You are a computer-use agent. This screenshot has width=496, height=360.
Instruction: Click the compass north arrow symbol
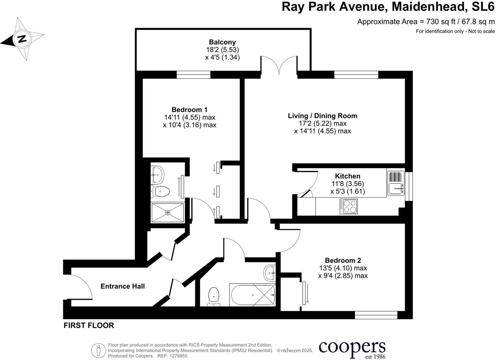(22, 38)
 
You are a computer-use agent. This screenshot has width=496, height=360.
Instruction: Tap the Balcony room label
(222, 42)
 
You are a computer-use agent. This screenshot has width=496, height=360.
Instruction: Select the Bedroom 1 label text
(189, 109)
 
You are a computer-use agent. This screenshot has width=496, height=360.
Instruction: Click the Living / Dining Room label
(322, 116)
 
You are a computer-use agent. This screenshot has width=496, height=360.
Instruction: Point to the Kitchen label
(347, 176)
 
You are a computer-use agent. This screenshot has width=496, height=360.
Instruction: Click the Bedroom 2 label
(343, 260)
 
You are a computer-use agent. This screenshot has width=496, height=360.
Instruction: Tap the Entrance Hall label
(123, 286)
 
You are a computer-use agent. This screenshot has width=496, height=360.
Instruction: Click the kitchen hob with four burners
(348, 206)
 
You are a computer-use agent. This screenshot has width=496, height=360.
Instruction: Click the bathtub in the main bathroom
(253, 295)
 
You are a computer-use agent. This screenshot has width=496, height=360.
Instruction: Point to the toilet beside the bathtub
(214, 296)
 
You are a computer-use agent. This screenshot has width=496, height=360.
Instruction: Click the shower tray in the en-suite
(168, 212)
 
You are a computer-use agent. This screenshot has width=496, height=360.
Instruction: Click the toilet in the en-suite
(161, 191)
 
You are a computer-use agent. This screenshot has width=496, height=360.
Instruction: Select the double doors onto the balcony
(279, 65)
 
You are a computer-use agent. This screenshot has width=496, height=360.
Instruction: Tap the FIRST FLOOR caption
(89, 325)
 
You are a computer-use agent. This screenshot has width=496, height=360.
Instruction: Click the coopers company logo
(352, 348)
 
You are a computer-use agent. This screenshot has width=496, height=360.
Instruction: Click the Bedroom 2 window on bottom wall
(376, 315)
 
